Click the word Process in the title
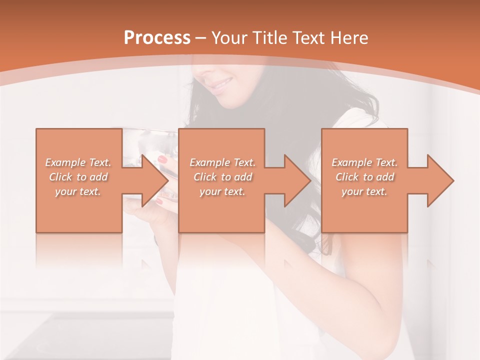tap(157, 38)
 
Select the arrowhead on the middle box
tap(296, 180)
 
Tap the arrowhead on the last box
tap(439, 180)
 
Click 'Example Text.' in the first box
tap(78, 162)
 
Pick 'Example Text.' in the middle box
tap(222, 162)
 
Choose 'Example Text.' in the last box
tap(364, 162)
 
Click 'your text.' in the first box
tap(78, 191)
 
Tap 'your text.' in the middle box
tap(222, 191)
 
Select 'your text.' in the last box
tap(364, 191)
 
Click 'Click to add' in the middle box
tap(222, 177)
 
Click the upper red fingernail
tap(162, 159)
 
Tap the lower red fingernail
tap(159, 201)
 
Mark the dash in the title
tap(200, 38)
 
